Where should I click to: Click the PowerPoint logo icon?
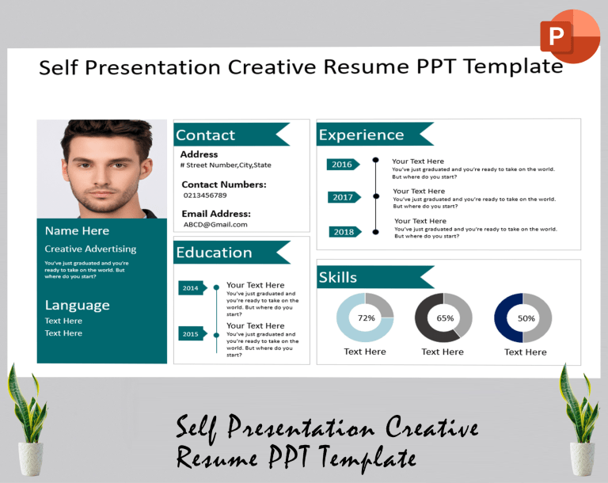tap(569, 36)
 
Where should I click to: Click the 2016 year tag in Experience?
tap(343, 165)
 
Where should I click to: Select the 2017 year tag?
tap(344, 197)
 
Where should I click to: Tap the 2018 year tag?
tap(344, 232)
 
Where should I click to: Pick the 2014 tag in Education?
tap(192, 288)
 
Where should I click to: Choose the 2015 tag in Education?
tap(192, 334)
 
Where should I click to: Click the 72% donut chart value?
tap(366, 318)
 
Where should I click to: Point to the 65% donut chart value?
tap(444, 318)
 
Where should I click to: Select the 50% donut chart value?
tap(525, 318)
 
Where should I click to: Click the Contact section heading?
tap(205, 135)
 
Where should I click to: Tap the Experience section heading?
tap(361, 135)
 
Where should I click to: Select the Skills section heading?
tap(337, 277)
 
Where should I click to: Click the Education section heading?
tap(214, 253)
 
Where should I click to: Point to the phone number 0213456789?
tap(204, 196)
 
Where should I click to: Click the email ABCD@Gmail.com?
tap(215, 225)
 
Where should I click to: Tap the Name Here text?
tap(77, 231)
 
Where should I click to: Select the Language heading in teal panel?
tap(77, 305)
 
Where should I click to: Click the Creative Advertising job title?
tap(90, 249)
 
